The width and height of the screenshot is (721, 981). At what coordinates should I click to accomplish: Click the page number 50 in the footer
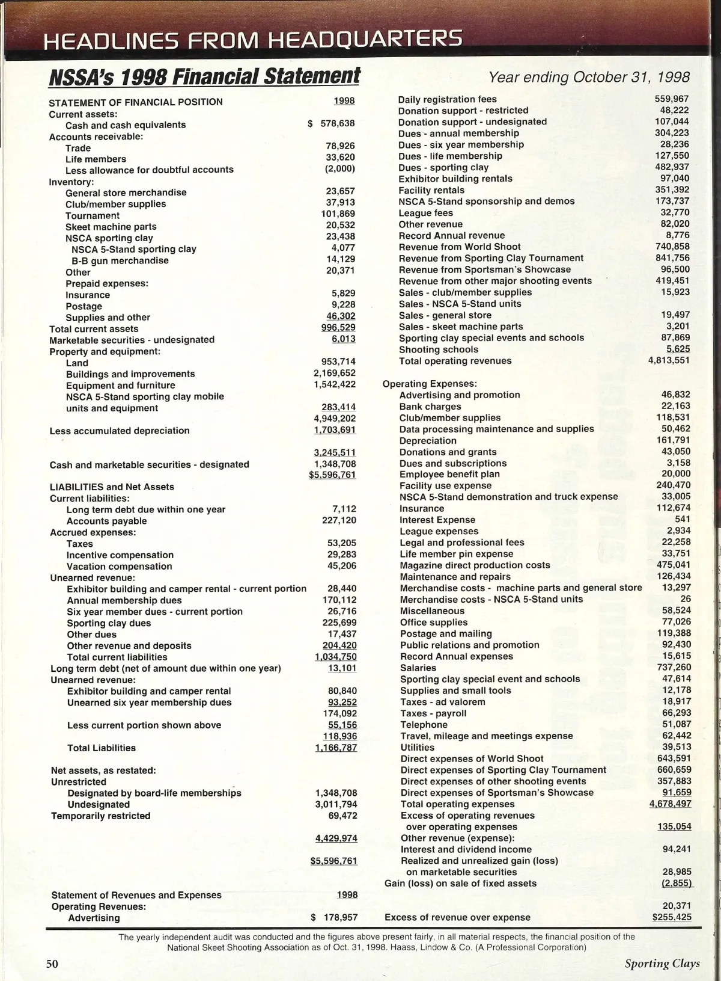point(52,963)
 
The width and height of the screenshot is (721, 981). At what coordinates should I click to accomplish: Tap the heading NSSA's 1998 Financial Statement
point(204,77)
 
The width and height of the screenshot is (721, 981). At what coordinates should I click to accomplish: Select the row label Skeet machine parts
point(111,227)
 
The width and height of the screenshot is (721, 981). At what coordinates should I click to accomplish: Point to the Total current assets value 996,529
point(338,328)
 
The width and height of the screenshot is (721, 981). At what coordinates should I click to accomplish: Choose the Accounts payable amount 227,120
point(339,520)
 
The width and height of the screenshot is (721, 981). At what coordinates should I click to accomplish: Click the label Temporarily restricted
point(100,816)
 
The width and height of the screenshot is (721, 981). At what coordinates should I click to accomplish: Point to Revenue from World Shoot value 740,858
point(672,246)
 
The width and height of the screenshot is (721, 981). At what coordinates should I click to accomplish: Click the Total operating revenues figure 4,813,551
point(669,360)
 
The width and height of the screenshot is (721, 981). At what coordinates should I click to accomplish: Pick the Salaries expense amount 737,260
point(674,667)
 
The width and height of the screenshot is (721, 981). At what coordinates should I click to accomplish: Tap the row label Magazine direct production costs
point(475,565)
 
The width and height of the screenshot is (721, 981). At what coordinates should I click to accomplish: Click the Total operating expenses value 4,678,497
point(670,804)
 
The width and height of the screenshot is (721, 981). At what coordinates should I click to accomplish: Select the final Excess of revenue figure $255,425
point(672,917)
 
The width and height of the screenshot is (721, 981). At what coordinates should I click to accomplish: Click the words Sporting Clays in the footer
point(662,964)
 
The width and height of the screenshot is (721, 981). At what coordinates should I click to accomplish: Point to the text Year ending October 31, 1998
point(589,77)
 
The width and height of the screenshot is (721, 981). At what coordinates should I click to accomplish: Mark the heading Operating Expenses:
point(430,383)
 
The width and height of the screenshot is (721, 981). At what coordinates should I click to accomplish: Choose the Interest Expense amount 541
point(683,519)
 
